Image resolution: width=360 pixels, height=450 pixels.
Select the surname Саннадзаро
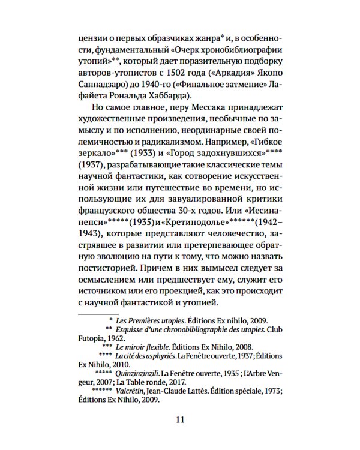(104, 82)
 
